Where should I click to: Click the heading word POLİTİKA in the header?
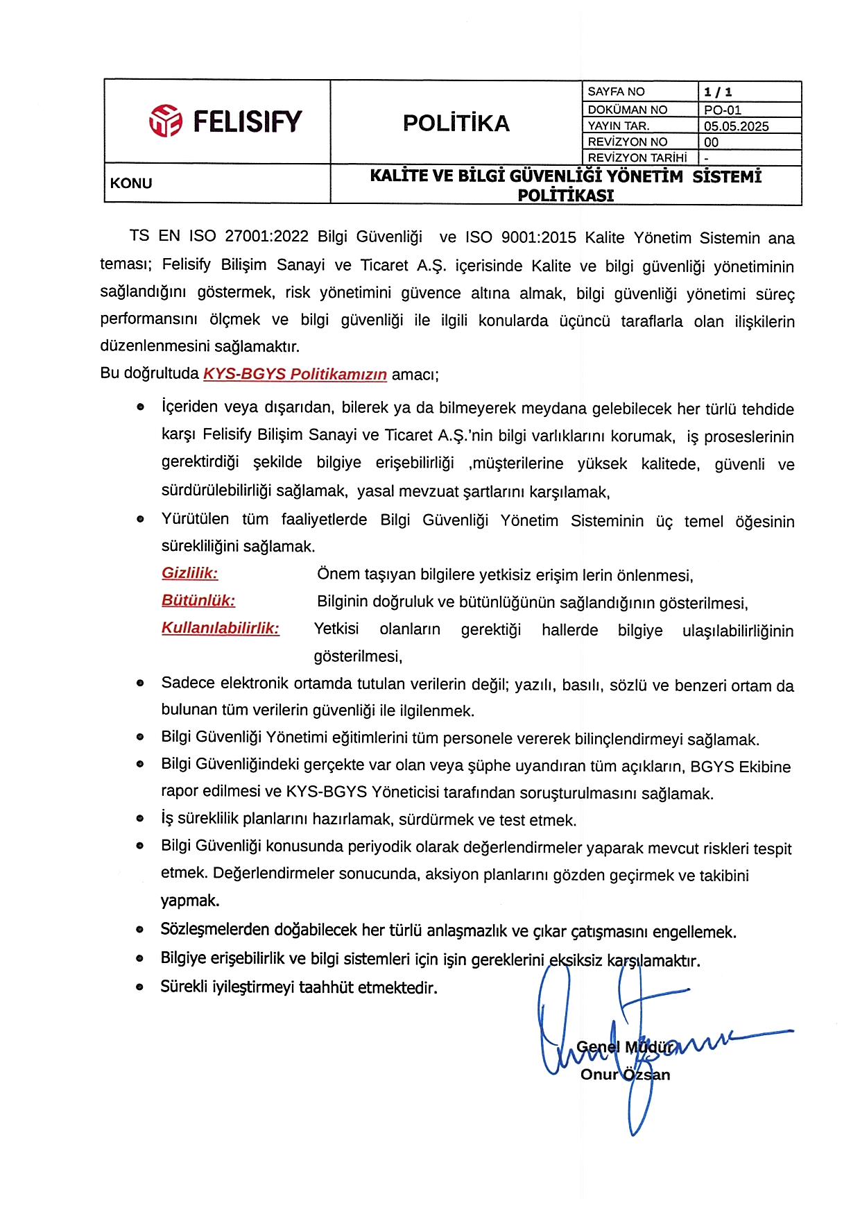click(x=456, y=123)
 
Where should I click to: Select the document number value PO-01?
click(x=722, y=110)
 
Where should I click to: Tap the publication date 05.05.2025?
click(x=736, y=126)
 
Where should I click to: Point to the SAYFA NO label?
click(x=615, y=92)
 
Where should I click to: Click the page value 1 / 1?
click(x=718, y=92)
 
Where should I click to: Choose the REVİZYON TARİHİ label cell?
click(x=637, y=158)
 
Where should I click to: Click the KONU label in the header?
click(x=131, y=183)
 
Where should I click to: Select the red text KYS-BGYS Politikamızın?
click(x=295, y=374)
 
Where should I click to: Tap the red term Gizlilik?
click(x=189, y=573)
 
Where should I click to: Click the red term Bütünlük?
click(x=198, y=600)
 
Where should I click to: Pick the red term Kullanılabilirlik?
click(x=221, y=628)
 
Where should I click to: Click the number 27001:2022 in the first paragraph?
click(x=266, y=237)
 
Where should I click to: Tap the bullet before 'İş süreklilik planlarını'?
click(x=140, y=819)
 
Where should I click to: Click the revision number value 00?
click(x=711, y=142)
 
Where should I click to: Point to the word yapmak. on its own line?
click(x=190, y=901)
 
